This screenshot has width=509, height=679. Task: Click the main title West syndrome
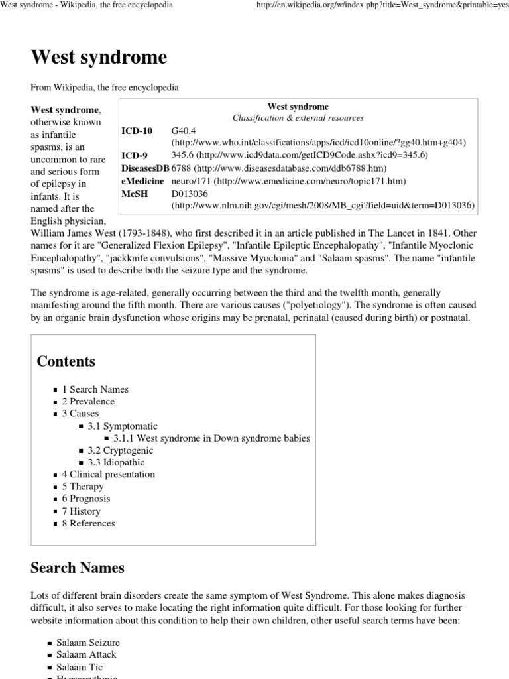[99, 58]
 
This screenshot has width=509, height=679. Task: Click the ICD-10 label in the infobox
[137, 131]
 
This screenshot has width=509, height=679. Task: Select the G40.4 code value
[184, 131]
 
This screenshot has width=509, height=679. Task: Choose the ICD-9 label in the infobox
[135, 155]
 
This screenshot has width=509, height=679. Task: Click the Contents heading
[66, 361]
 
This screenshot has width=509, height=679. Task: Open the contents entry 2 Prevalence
[88, 401]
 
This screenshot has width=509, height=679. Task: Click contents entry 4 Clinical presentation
[108, 474]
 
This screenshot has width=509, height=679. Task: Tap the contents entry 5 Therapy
[83, 487]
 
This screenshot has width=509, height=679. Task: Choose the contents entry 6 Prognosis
[86, 499]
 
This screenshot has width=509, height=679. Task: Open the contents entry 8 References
[88, 523]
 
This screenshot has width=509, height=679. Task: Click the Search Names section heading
[78, 568]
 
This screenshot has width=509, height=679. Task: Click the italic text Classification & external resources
[298, 117]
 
